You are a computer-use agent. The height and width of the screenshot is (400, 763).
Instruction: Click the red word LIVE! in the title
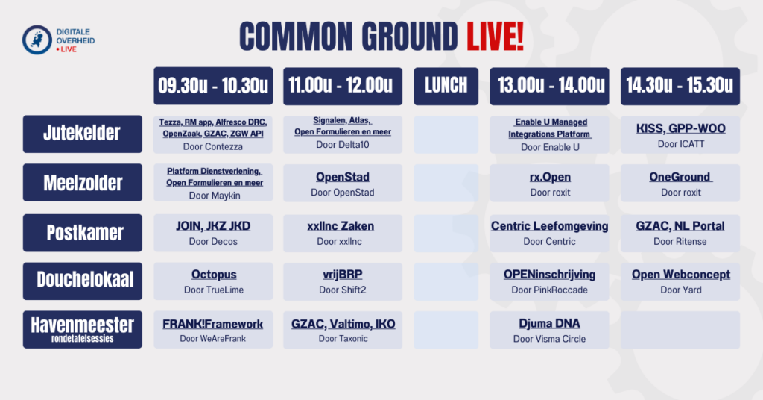(x=494, y=36)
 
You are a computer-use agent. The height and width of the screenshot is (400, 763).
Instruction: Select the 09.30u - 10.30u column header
(x=213, y=86)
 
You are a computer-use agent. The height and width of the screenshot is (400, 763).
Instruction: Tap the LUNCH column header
(x=446, y=86)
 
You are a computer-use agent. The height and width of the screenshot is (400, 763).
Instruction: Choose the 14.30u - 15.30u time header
(x=680, y=86)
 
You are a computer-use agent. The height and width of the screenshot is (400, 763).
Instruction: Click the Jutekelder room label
(x=82, y=134)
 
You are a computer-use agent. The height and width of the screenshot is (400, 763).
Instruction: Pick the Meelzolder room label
(x=82, y=183)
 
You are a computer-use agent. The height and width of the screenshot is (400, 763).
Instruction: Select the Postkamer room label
(x=82, y=232)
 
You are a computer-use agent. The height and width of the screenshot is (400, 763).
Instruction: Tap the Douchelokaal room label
(x=82, y=280)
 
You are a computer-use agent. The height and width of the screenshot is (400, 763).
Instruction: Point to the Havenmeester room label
(x=82, y=329)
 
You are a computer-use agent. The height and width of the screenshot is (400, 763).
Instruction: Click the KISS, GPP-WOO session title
(x=680, y=128)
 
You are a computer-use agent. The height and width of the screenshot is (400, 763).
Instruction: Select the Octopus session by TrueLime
(x=214, y=275)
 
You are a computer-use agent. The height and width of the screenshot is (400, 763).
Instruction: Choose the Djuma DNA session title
(x=549, y=324)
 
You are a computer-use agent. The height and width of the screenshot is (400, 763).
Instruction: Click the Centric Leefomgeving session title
(x=549, y=226)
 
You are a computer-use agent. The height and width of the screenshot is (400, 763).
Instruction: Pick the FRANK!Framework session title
(x=213, y=324)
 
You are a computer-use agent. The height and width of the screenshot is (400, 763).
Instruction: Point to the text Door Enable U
(x=549, y=148)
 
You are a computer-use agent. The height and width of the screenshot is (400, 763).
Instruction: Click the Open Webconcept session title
(x=680, y=275)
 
